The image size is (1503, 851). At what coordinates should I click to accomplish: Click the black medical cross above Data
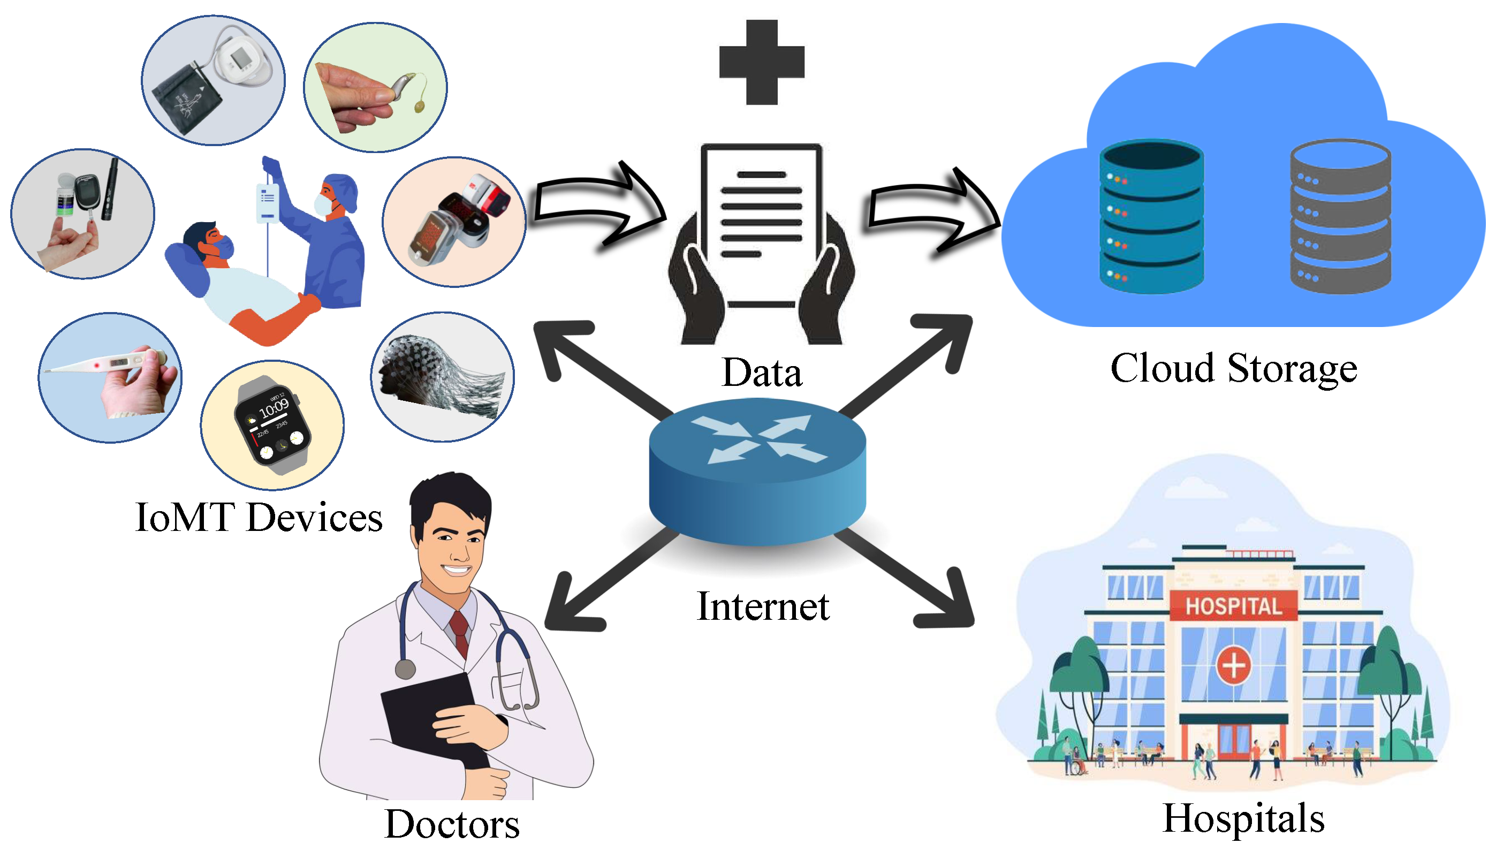pyautogui.click(x=762, y=63)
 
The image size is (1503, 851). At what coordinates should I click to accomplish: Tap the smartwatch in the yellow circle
pyautogui.click(x=272, y=424)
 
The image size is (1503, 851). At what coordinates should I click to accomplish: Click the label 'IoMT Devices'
pyautogui.click(x=259, y=518)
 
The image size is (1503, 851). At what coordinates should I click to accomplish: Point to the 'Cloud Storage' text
pyautogui.click(x=1233, y=369)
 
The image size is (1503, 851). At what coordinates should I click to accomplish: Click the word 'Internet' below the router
pyautogui.click(x=763, y=607)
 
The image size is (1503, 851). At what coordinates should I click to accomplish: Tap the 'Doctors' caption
pyautogui.click(x=452, y=824)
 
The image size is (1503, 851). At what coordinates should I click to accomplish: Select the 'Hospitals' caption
pyautogui.click(x=1243, y=818)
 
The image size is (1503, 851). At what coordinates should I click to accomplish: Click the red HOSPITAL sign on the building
pyautogui.click(x=1233, y=606)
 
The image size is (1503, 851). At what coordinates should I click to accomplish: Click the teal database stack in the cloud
pyautogui.click(x=1151, y=216)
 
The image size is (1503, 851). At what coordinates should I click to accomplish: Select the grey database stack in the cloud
pyautogui.click(x=1340, y=216)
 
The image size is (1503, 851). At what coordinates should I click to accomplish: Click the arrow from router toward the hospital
pyautogui.click(x=912, y=582)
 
